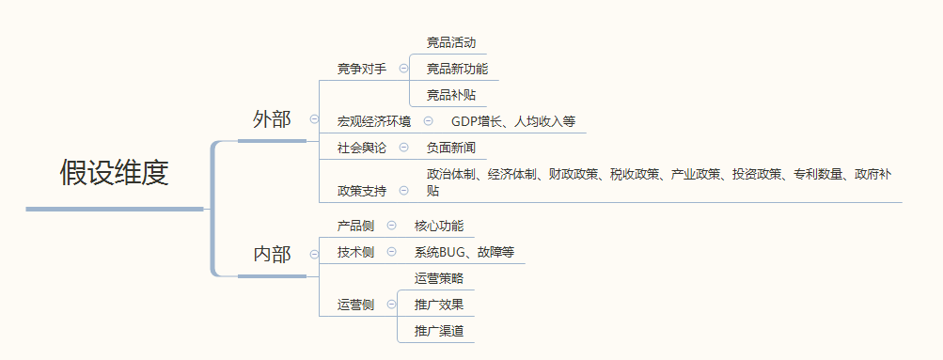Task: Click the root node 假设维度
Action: (x=114, y=172)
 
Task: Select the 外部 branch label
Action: (x=272, y=119)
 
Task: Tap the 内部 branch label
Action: (x=272, y=254)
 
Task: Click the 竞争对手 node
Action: (x=362, y=69)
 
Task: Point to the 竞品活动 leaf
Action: (x=451, y=42)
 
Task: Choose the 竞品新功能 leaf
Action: (x=457, y=69)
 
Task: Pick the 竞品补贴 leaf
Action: (x=451, y=94)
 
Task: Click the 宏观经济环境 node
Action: (x=374, y=121)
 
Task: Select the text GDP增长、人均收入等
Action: (x=512, y=121)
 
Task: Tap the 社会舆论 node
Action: (x=362, y=148)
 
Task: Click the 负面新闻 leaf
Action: (x=451, y=148)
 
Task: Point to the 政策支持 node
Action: (x=362, y=191)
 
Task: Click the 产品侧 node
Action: (x=355, y=226)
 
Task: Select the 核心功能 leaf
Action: (x=439, y=226)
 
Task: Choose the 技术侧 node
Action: (x=355, y=252)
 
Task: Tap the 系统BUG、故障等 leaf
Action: (x=464, y=252)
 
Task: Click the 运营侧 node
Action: (x=355, y=305)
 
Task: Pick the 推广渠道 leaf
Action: (x=439, y=331)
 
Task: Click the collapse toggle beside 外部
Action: (x=314, y=119)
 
